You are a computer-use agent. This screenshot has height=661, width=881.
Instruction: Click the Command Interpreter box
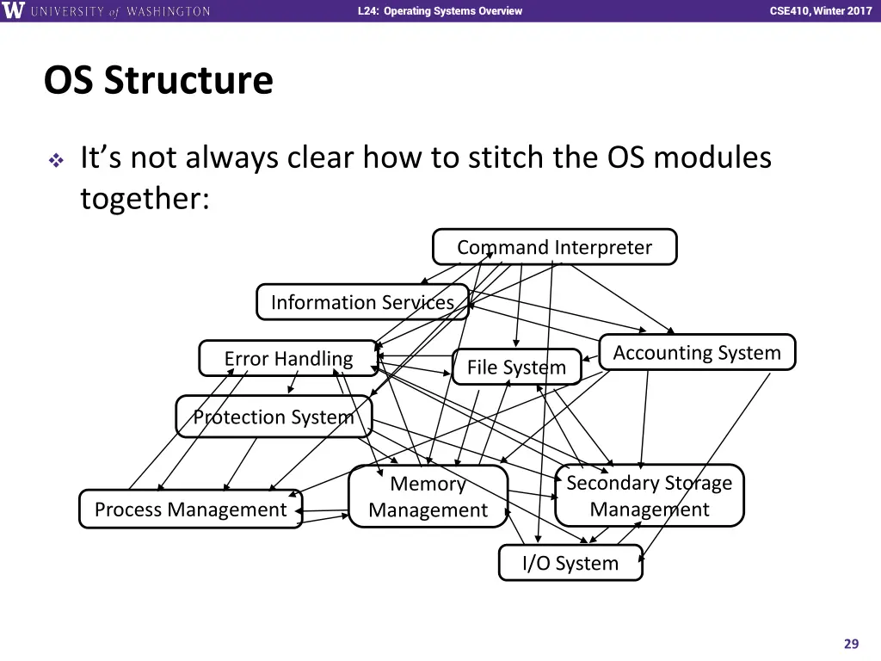(555, 247)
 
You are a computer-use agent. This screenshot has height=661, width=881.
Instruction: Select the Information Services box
(362, 302)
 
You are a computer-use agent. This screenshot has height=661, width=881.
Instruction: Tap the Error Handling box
(288, 358)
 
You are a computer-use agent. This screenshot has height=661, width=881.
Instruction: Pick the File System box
(516, 367)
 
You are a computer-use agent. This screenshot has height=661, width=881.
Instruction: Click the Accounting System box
(697, 352)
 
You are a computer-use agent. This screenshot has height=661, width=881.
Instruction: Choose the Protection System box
(274, 417)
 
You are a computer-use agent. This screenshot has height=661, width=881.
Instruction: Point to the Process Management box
(190, 510)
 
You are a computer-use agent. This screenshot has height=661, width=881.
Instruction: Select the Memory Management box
(428, 497)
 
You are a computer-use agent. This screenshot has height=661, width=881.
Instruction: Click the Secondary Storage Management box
(649, 495)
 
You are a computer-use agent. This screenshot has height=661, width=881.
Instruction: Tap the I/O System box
(570, 563)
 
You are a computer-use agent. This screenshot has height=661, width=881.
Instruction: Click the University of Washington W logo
(13, 10)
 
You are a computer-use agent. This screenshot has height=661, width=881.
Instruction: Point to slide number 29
(851, 644)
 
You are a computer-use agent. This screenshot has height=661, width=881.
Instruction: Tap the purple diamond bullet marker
(56, 161)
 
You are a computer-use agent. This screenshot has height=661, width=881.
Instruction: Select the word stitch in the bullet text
(506, 157)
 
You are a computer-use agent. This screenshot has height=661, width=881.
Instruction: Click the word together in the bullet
(145, 199)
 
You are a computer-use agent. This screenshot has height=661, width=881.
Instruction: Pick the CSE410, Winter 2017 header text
(821, 10)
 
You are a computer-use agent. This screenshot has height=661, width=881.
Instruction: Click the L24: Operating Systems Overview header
(440, 10)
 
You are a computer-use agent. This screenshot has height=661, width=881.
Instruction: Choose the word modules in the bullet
(712, 157)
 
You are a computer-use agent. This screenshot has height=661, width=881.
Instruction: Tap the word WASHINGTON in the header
(169, 11)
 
